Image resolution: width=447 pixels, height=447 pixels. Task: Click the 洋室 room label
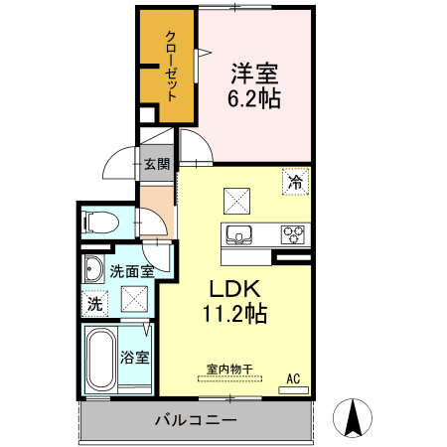(x=254, y=74)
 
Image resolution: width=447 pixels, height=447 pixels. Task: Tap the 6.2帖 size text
(x=254, y=98)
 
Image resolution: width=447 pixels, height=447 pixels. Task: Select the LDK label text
(x=234, y=289)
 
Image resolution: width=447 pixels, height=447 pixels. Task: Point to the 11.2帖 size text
(x=234, y=314)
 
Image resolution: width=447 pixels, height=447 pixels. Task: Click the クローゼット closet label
(x=171, y=66)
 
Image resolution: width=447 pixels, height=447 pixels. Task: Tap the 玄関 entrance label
(x=157, y=164)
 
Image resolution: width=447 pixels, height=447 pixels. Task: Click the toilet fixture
(x=100, y=222)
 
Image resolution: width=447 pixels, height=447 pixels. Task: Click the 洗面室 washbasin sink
(x=93, y=269)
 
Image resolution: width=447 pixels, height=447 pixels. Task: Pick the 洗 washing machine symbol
(x=94, y=304)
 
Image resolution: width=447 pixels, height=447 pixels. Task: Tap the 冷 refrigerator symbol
(x=296, y=182)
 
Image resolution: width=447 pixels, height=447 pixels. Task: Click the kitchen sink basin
(x=239, y=234)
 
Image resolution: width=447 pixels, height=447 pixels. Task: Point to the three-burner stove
(x=293, y=234)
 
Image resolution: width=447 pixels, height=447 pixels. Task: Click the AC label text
(x=293, y=378)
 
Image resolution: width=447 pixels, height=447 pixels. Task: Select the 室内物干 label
(x=229, y=369)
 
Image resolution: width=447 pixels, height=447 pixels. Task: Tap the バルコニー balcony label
(x=196, y=420)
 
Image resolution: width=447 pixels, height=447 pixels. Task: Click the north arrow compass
(x=353, y=418)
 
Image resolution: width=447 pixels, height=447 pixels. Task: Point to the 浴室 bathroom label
(x=135, y=358)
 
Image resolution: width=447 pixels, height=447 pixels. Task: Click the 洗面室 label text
(x=132, y=271)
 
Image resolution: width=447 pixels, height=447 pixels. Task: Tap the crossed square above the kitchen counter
(x=236, y=201)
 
